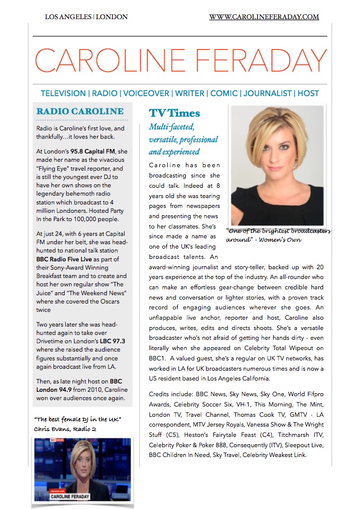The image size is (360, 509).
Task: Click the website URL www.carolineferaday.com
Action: pos(264,17)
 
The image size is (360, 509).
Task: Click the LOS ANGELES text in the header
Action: pos(68,17)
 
